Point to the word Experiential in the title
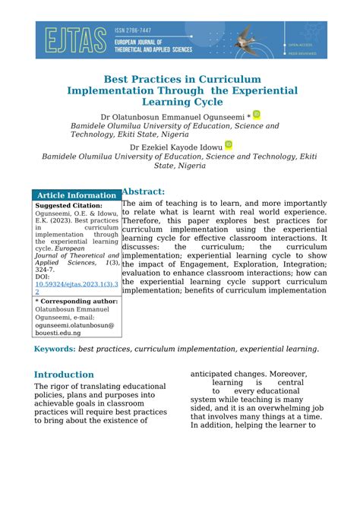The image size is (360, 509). coord(256,90)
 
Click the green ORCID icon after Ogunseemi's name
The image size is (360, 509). coord(257,115)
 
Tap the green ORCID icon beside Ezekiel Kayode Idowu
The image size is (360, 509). coord(229,144)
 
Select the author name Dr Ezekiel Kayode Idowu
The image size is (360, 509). coord(176,147)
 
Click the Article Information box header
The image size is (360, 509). coord(77,195)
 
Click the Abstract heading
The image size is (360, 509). coord(144,191)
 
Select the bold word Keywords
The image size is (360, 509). coord(55,349)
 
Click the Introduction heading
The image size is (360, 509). coord(65,375)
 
